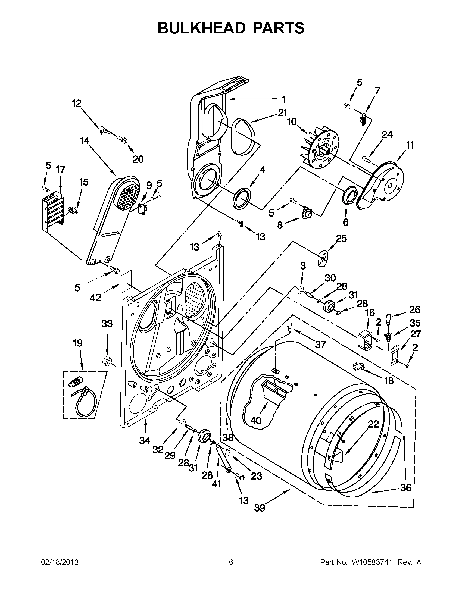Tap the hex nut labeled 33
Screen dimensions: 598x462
[106, 361]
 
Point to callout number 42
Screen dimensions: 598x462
[95, 297]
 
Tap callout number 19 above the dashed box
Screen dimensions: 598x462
[78, 343]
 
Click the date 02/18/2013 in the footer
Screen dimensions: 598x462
[60, 562]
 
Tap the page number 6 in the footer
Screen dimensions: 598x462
[231, 562]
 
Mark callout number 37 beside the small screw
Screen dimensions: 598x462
[320, 345]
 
